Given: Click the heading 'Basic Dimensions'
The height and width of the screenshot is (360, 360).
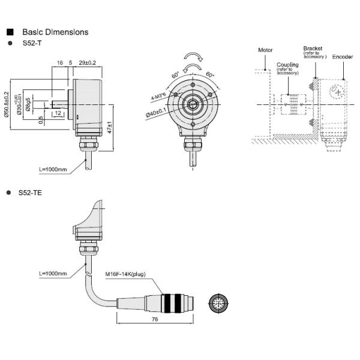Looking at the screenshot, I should (x=55, y=32).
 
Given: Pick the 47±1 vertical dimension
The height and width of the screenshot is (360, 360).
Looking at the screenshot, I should (x=112, y=130).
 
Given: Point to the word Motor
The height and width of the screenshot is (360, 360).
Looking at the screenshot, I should (x=265, y=50).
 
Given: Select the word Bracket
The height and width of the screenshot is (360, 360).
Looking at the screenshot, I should (x=313, y=47).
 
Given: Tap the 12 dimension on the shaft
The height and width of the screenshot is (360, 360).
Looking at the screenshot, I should (x=58, y=113).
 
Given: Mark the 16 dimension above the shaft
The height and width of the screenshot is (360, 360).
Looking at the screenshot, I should (x=60, y=62).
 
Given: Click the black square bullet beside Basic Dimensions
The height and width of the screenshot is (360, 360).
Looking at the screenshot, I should (x=10, y=32).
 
